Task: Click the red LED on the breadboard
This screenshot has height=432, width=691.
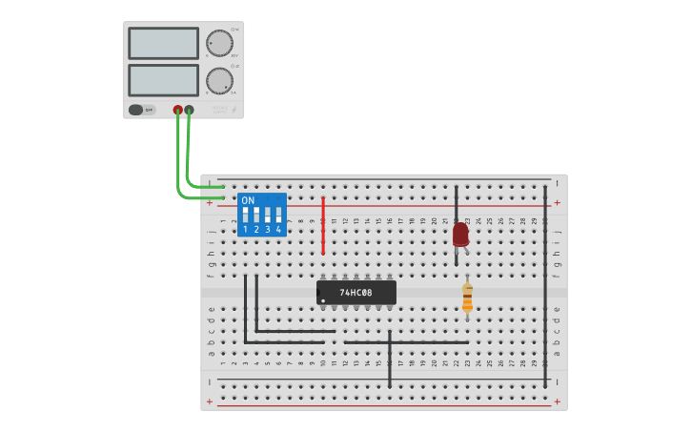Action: point(460,234)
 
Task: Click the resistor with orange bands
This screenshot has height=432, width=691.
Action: point(467,298)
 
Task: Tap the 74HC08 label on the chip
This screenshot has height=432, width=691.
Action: point(356,292)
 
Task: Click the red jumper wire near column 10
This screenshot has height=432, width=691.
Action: point(323,225)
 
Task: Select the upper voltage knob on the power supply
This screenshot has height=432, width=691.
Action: point(219,43)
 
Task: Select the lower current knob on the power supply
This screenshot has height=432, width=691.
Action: point(219,81)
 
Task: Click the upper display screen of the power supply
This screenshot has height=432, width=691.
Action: point(163,43)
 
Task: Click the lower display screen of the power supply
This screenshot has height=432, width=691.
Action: point(163,80)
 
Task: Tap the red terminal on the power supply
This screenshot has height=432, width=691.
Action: point(177,110)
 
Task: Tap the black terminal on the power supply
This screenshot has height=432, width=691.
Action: point(189,110)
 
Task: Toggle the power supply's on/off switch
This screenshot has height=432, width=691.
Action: point(136,110)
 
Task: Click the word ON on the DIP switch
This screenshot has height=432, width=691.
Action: point(248,200)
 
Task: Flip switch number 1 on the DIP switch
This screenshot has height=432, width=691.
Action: point(245,215)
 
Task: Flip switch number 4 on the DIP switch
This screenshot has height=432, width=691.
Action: point(279,215)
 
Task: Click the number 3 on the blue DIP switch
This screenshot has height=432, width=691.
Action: point(268,230)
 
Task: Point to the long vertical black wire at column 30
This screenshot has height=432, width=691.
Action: point(545,286)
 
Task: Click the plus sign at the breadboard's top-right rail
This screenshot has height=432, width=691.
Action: point(557,202)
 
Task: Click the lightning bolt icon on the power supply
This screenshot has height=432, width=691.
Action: point(234,111)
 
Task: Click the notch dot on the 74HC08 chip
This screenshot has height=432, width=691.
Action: point(323,300)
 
